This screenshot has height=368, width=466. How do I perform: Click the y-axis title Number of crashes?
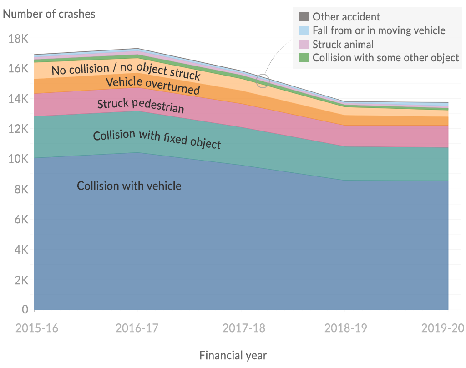coord(49,14)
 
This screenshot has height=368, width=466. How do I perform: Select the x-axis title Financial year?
coord(233,355)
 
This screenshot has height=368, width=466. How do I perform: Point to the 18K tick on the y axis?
coord(18,39)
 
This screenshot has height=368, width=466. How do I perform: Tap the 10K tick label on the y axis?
coord(18,159)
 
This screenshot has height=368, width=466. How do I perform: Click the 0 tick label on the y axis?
coord(25,310)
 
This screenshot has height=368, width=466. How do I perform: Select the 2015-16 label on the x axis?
coord(37,328)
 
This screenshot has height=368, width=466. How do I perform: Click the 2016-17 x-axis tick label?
coord(137,328)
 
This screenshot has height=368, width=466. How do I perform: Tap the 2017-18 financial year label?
coord(240,328)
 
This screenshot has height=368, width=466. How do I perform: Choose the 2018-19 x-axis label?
coord(344,328)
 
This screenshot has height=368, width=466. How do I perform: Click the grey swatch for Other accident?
coord(304,17)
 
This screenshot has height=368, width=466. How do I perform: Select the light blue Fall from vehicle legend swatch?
coord(304,30)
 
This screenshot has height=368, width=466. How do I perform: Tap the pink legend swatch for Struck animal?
coord(304,44)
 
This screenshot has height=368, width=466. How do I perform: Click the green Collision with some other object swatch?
coord(304,58)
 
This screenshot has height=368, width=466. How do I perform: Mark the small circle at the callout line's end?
coord(263,81)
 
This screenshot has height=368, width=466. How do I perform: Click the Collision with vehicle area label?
coord(129,186)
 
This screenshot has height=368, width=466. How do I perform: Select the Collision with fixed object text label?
coord(157,140)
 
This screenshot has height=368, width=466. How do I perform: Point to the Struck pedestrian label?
coord(141,106)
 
